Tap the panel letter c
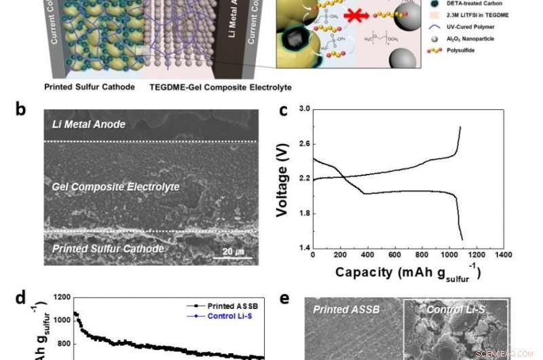point(283,111)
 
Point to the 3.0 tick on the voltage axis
point(304,109)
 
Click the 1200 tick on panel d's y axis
point(59,297)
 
